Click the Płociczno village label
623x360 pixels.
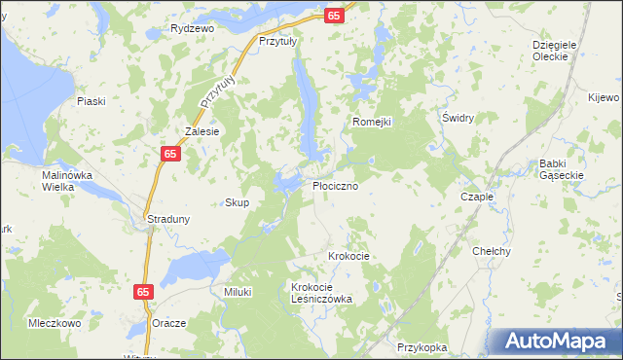341,185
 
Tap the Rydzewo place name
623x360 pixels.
192,29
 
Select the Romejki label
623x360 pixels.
371,122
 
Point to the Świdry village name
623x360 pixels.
458,118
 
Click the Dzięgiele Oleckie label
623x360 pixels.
556,51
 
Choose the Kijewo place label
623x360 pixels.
604,97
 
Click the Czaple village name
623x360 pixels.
477,196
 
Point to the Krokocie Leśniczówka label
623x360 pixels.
321,293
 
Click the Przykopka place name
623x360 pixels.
422,346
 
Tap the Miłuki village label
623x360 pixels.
238,292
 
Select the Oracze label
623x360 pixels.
168,323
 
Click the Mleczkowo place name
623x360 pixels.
54,323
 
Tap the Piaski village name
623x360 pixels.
91,101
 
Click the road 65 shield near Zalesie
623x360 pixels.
170,155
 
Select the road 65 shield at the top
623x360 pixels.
334,16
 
